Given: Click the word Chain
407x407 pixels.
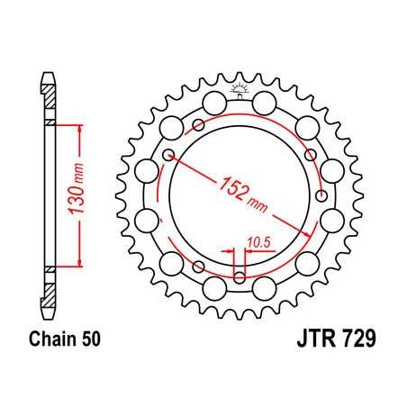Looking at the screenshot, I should coord(48,341).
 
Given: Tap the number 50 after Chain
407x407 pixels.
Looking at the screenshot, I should coord(89,341).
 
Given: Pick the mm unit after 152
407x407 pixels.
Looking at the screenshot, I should coord(260,204).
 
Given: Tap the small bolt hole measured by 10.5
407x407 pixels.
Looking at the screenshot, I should coord(240,275).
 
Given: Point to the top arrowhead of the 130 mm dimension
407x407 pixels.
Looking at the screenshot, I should coord(82,129).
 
